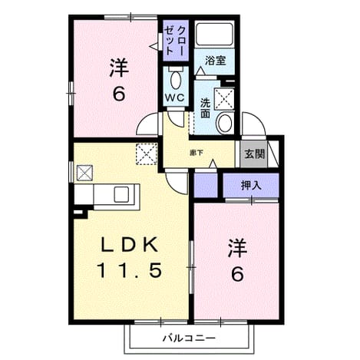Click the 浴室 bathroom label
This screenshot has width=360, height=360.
tap(215, 61)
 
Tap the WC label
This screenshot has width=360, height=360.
tap(175, 97)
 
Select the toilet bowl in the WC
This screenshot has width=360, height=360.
tap(176, 80)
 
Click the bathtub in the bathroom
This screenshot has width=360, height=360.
tap(214, 34)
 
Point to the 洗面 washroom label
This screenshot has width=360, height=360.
tap(205, 108)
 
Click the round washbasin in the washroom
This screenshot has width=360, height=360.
tap(224, 123)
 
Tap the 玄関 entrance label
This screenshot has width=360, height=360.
tap(254, 154)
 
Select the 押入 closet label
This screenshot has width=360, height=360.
tap(251, 186)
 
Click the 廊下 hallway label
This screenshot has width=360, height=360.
tap(197, 153)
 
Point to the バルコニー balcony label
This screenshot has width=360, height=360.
tap(189, 339)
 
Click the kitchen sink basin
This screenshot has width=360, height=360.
tap(121, 194)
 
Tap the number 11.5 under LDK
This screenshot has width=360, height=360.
tap(130, 270)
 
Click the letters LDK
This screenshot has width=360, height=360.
tap(130, 245)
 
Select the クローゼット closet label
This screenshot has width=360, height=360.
tap(174, 41)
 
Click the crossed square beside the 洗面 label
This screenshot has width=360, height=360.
tap(224, 99)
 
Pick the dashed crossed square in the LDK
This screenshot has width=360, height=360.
tap(147, 154)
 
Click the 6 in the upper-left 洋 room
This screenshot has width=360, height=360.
tap(119, 94)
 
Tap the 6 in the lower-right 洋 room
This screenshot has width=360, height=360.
tap(237, 274)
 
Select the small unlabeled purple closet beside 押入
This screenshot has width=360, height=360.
tap(206, 185)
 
